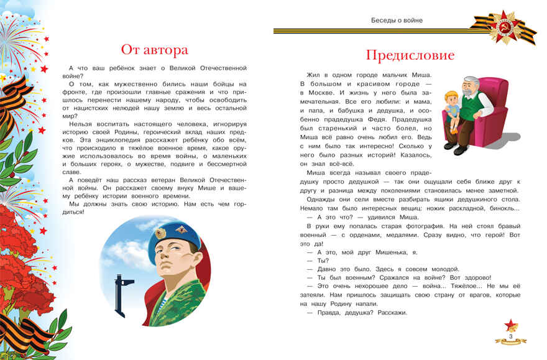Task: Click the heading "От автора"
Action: coord(154,49)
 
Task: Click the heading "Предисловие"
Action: coord(410,55)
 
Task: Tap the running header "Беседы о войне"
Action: coord(396,20)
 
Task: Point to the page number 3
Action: coord(510,336)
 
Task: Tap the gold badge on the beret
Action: coord(160,234)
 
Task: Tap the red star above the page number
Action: coord(510,324)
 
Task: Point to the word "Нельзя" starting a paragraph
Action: coord(81,123)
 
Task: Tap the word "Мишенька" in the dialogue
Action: coord(377,252)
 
